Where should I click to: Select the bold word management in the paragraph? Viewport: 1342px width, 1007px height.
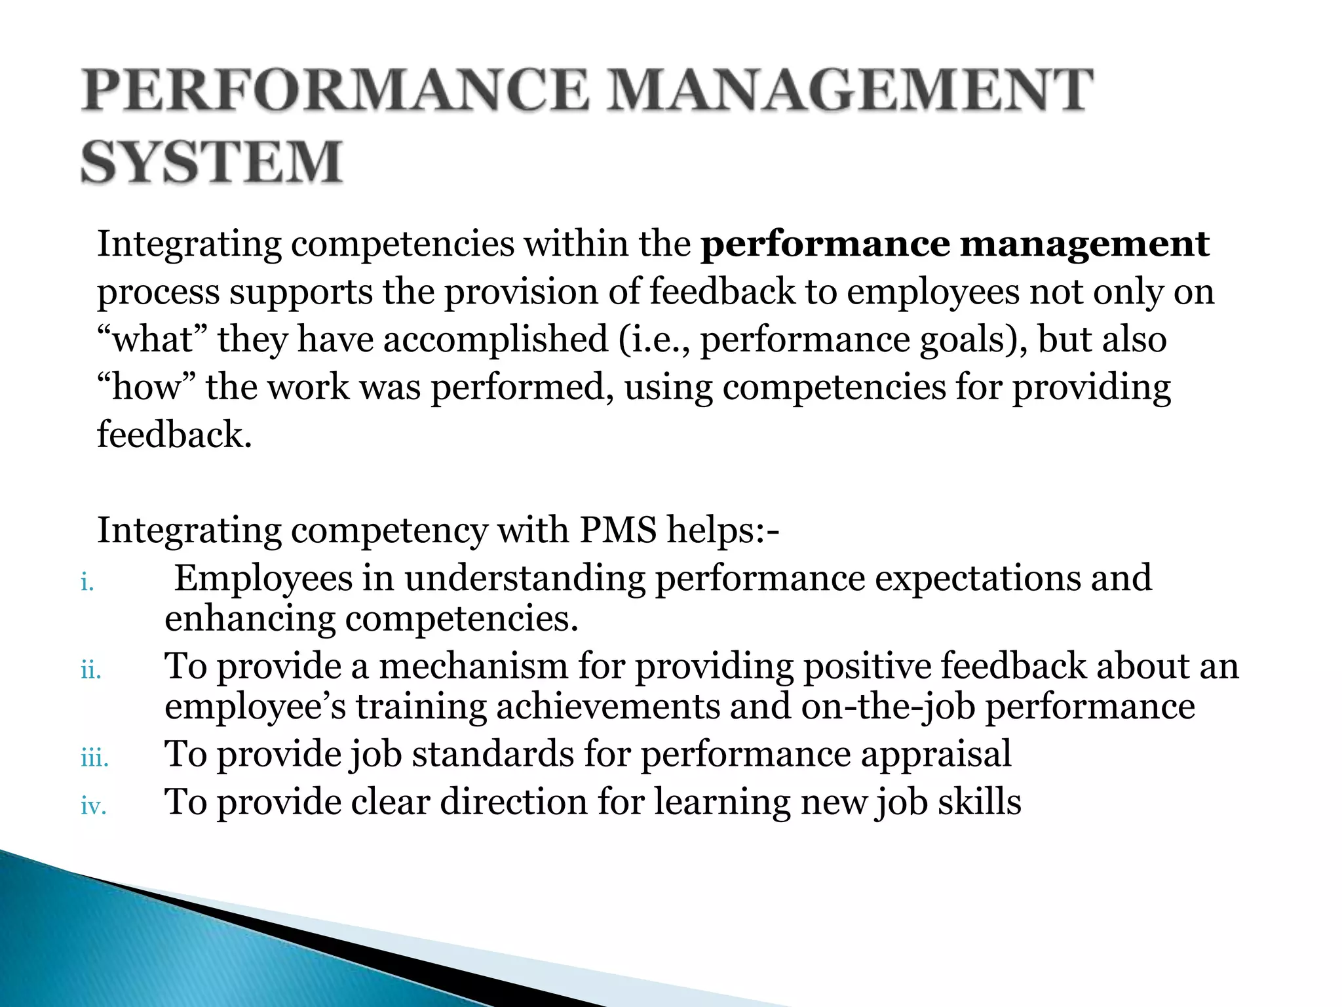tap(1084, 244)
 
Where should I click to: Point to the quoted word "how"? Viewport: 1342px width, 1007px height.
tap(145, 387)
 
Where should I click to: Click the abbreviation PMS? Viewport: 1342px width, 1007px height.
tap(617, 530)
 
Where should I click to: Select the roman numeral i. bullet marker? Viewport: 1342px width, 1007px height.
tap(88, 582)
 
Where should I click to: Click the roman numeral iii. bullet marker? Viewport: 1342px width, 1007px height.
tap(94, 759)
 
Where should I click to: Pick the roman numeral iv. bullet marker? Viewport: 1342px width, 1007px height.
tap(93, 806)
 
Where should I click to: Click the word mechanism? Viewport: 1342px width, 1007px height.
tap(473, 666)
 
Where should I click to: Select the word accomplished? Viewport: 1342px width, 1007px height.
tap(495, 340)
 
